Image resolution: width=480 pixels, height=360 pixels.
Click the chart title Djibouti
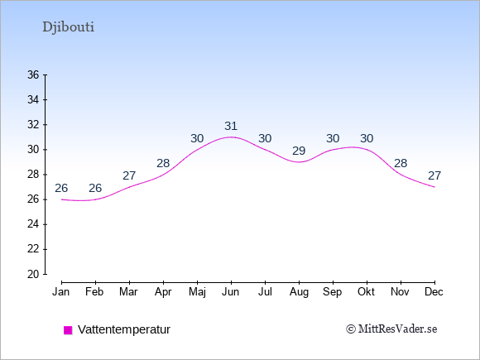[x=68, y=27]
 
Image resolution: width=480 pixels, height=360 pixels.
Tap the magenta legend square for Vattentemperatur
[x=68, y=330]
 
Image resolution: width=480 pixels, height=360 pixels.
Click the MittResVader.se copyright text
[x=391, y=329]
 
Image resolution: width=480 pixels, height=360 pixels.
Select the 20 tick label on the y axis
[x=33, y=274]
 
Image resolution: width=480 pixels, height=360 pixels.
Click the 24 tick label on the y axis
[x=33, y=224]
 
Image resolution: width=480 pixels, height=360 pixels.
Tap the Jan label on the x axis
[x=61, y=292]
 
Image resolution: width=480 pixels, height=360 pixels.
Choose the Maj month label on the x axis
[x=197, y=292]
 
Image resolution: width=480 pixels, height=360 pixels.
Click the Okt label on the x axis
[x=366, y=292]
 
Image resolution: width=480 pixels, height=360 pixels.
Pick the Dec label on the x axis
[x=434, y=292]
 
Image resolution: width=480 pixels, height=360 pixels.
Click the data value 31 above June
[x=231, y=126]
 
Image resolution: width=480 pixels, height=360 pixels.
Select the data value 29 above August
[x=299, y=151]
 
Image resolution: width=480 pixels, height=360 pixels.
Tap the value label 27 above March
[x=129, y=175]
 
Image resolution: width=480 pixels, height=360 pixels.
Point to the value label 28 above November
[x=401, y=163]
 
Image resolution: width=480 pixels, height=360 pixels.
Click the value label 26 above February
[x=95, y=188]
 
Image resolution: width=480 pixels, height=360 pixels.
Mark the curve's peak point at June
[x=231, y=137]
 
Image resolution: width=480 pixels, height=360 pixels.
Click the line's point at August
[x=299, y=162]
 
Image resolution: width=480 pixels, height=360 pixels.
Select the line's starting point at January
[x=61, y=199]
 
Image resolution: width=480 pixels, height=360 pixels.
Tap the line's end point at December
[x=434, y=187]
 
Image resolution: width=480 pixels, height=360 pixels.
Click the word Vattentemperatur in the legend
[x=124, y=329]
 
